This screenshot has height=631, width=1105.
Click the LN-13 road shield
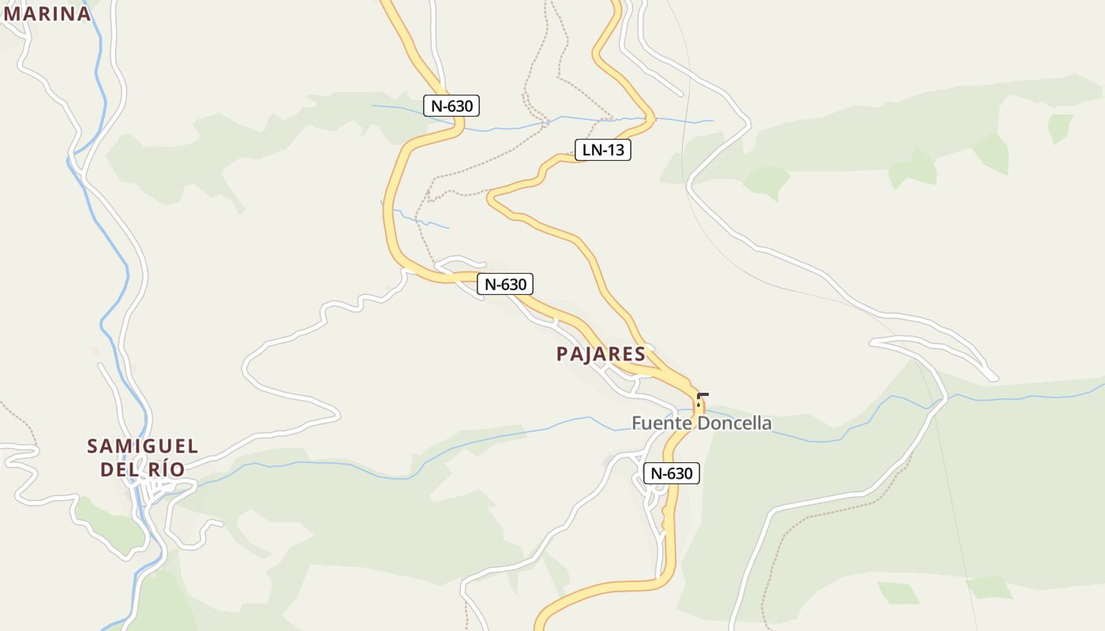point(603,150)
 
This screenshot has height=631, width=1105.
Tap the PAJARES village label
point(601,354)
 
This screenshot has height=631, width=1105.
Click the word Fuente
point(655,424)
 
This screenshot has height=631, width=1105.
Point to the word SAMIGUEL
point(143,446)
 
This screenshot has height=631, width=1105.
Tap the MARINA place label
point(47,13)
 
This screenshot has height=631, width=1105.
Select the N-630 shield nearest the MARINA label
point(451,106)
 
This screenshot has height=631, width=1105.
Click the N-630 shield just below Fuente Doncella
point(672,473)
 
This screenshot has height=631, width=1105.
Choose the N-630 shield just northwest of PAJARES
point(505,284)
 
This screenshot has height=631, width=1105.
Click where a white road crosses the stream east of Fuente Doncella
point(938,402)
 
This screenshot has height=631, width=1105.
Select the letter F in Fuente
point(637,424)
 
